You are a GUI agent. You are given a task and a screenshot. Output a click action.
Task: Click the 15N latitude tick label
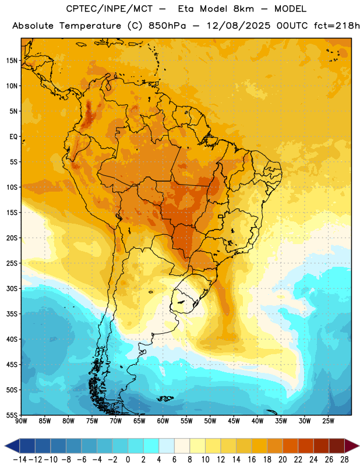(12, 61)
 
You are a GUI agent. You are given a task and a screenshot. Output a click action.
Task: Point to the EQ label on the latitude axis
(13, 137)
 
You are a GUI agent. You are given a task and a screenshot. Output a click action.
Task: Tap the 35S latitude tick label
(12, 314)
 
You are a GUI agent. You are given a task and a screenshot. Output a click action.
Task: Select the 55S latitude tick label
(12, 415)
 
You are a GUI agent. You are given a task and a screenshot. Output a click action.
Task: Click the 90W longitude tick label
(21, 421)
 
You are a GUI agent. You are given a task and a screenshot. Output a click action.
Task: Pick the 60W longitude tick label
(163, 421)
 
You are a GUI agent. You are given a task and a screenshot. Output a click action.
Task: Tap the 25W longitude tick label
(328, 421)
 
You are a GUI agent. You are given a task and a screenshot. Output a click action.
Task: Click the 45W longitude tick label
(234, 421)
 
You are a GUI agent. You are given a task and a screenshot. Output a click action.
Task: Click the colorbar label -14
(20, 460)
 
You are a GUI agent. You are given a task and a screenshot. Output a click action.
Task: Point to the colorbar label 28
(344, 460)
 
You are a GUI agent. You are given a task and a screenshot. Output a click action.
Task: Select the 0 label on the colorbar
(128, 460)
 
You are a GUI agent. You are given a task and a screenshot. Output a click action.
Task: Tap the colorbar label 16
(252, 460)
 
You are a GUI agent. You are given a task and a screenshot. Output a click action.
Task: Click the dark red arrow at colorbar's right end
(351, 446)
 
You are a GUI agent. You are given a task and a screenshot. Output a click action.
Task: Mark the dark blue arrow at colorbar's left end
(12, 446)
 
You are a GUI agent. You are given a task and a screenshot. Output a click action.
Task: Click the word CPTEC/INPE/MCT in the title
(110, 9)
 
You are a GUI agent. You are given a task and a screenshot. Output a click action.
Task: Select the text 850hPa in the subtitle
(167, 26)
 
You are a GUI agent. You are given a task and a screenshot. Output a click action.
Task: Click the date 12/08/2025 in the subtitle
(238, 26)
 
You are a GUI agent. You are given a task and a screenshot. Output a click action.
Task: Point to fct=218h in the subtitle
(337, 26)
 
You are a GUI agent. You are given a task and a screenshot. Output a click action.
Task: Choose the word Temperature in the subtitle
(90, 26)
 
